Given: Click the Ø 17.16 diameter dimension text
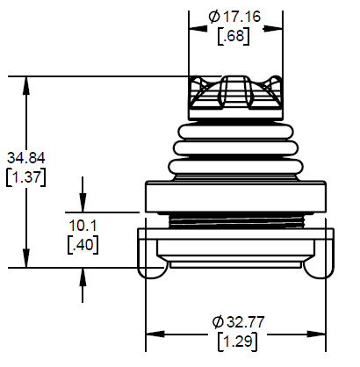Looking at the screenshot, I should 237,16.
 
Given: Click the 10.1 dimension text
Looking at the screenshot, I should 83,226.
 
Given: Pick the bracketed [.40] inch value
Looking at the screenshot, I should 83,244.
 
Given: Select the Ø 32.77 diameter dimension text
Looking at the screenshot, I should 236,321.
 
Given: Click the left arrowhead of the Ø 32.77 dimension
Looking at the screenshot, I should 154,334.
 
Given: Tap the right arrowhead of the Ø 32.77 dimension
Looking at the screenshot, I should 319,334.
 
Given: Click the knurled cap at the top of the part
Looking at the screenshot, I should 236,93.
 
